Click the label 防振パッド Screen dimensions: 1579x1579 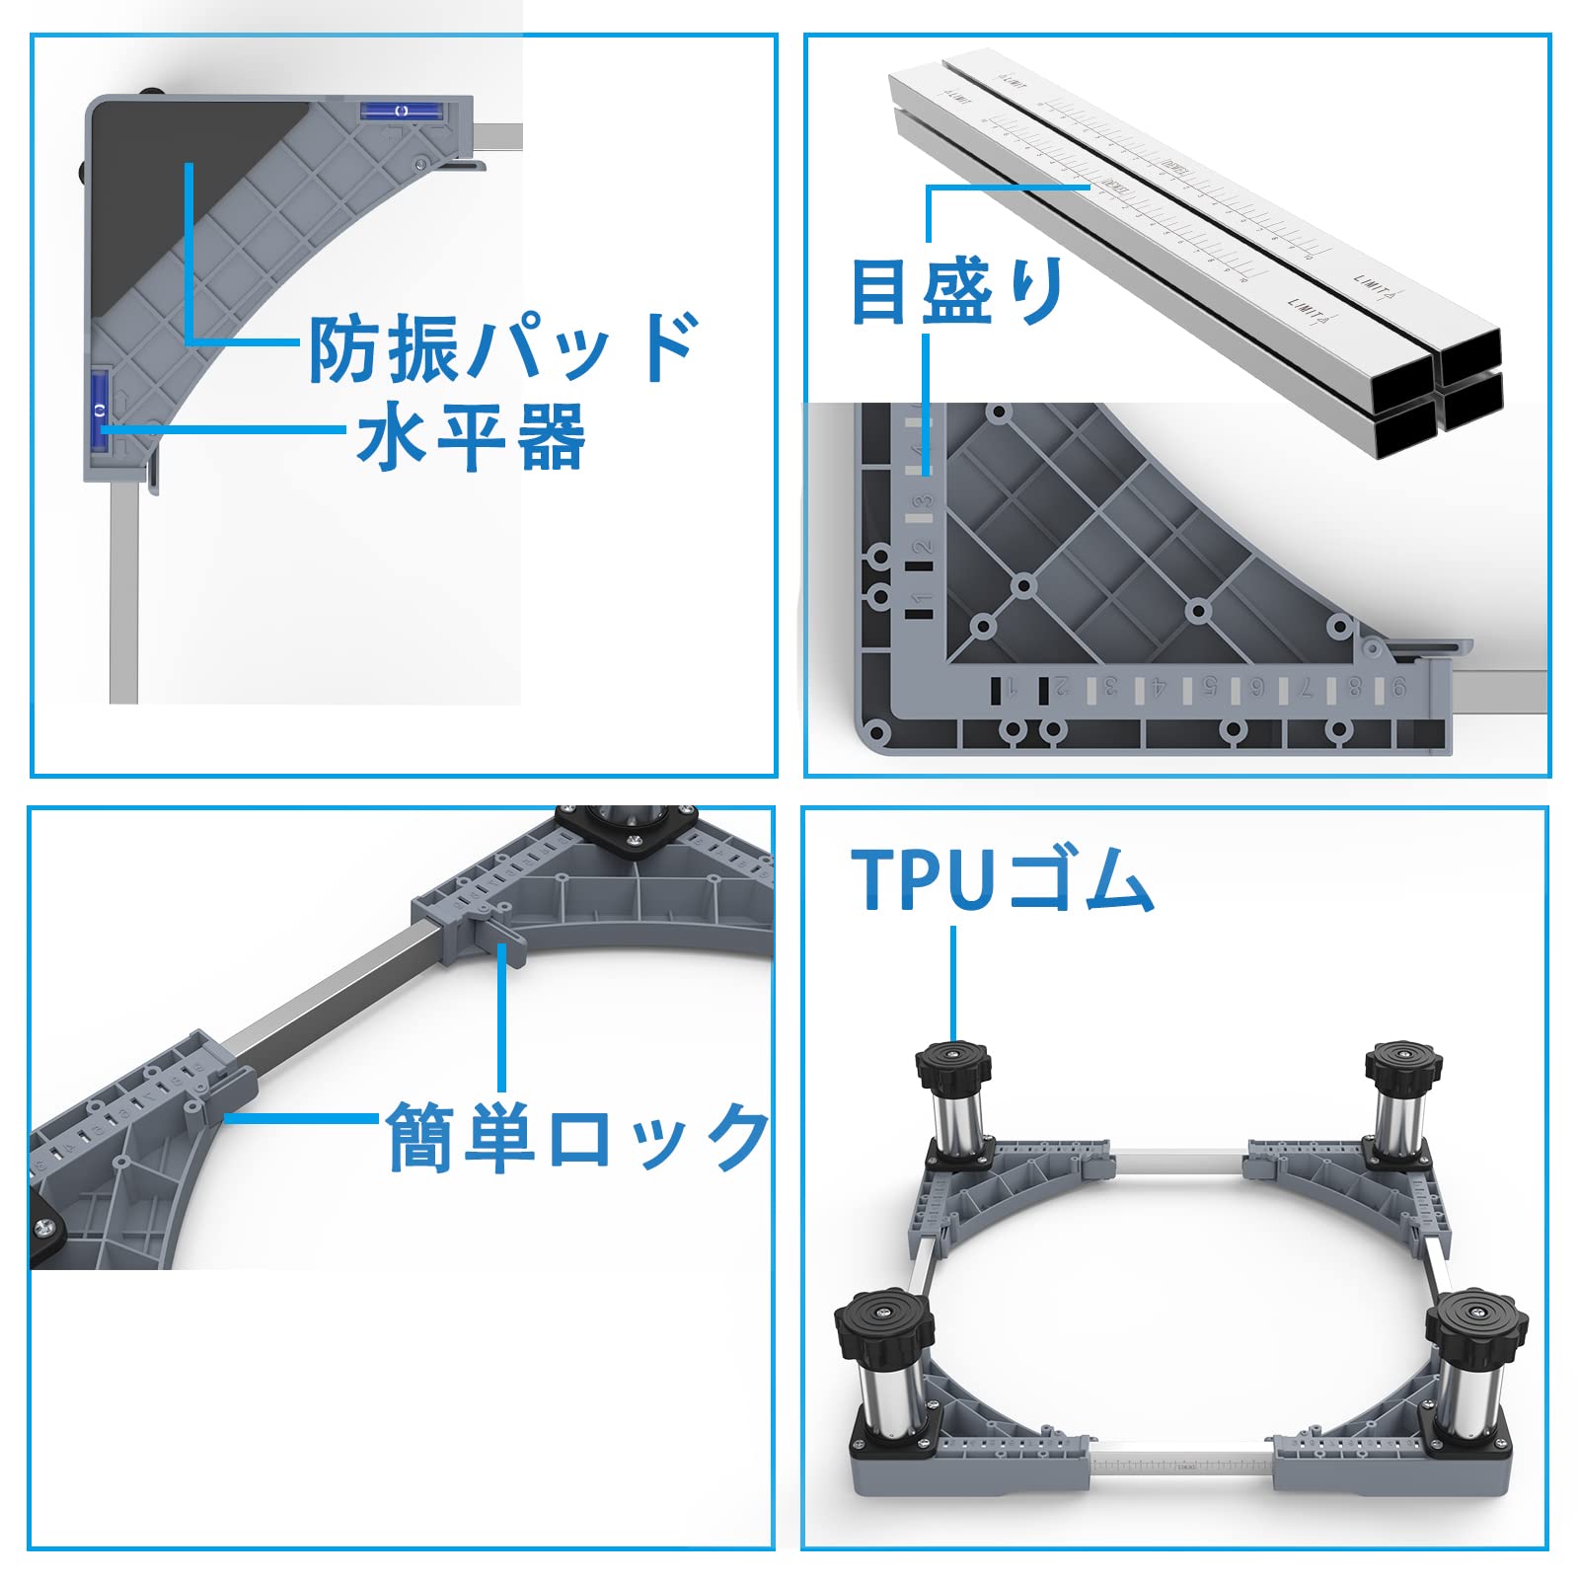pyautogui.click(x=503, y=347)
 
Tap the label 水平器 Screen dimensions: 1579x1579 pyautogui.click(x=471, y=436)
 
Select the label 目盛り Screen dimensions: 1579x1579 pyautogui.click(x=957, y=290)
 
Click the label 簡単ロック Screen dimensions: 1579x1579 pyautogui.click(x=577, y=1137)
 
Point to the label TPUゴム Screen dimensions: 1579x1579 pyautogui.click(x=1002, y=879)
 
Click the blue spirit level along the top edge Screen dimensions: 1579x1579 pyautogui.click(x=401, y=111)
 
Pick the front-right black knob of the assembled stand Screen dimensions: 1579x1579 pyautogui.click(x=1476, y=1321)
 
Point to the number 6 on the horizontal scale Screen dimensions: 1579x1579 pyautogui.click(x=1255, y=688)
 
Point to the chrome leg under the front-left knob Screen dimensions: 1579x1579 pyautogui.click(x=881, y=1396)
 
